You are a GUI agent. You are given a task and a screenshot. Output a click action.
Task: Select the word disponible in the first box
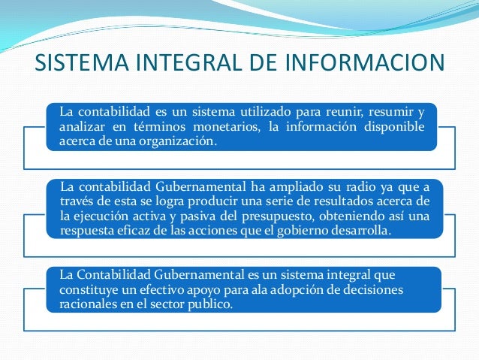[x=396, y=126]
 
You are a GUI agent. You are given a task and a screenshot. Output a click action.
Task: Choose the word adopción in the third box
[x=285, y=289]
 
